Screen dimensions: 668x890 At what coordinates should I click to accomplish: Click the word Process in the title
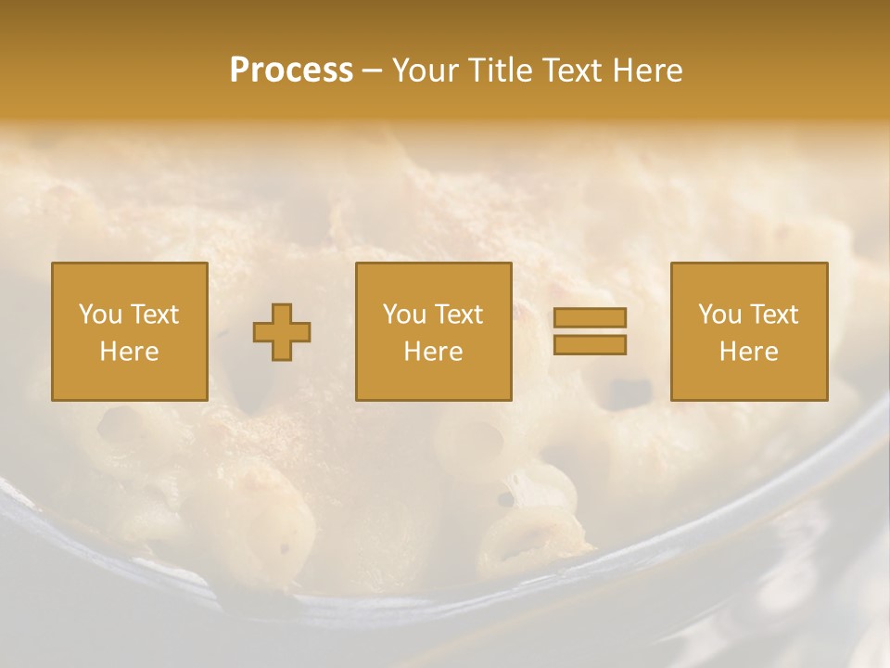(291, 71)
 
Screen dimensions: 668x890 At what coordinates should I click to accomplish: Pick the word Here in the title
(650, 71)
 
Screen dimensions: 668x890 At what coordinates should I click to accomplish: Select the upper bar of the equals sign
(590, 318)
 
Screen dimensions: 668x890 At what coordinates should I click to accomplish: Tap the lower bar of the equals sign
(590, 345)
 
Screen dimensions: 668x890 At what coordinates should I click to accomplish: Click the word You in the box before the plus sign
(101, 315)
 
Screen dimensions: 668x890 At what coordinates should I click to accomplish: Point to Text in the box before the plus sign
(154, 315)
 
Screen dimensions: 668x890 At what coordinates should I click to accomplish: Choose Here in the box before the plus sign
(129, 352)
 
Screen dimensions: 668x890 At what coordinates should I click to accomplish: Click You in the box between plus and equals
(405, 315)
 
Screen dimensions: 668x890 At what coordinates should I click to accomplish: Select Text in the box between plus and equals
(458, 315)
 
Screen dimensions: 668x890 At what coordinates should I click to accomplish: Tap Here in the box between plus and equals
(433, 352)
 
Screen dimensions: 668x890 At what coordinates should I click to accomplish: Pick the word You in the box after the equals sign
(720, 315)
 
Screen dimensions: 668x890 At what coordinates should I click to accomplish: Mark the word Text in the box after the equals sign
(773, 315)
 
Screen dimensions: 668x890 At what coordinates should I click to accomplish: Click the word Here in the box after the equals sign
(748, 352)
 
